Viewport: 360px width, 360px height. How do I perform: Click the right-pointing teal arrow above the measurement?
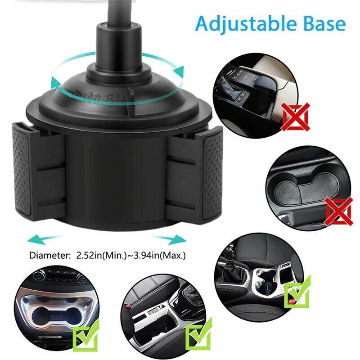pos(168,238)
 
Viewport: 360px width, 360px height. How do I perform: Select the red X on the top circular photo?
pos(295,116)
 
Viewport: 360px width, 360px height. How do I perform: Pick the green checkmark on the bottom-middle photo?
pos(199,335)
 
